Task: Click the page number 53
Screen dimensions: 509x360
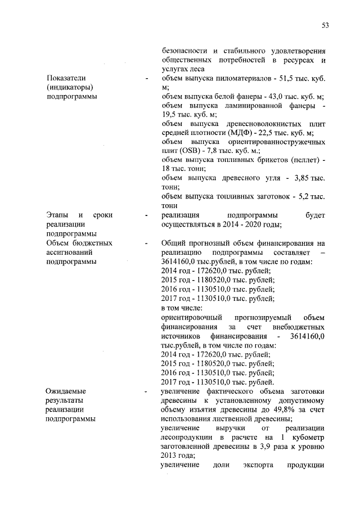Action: click(325, 25)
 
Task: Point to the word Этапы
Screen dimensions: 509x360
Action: click(57, 215)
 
